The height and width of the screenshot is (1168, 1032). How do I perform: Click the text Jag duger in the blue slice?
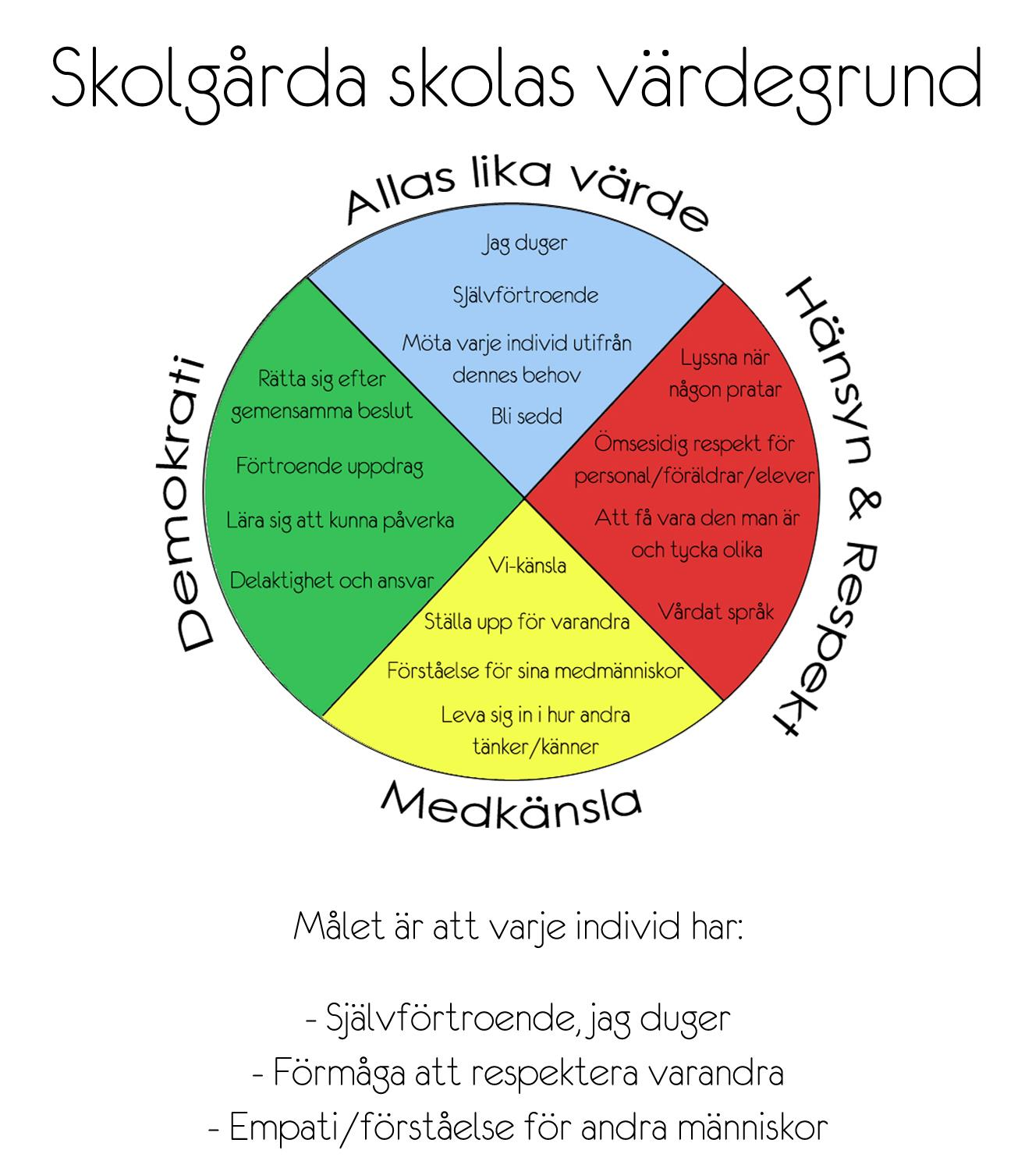(x=525, y=244)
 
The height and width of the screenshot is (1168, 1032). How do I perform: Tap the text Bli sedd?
(x=527, y=416)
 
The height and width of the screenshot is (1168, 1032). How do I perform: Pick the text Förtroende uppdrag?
(x=330, y=467)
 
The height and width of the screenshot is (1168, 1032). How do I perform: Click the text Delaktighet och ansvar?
(x=332, y=581)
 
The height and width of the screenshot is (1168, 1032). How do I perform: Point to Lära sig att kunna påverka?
(x=340, y=521)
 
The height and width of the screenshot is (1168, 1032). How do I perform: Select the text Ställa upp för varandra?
(x=527, y=622)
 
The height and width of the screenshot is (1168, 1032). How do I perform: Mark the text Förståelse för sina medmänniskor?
(x=535, y=671)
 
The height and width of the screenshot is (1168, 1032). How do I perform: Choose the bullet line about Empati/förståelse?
(x=518, y=1127)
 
